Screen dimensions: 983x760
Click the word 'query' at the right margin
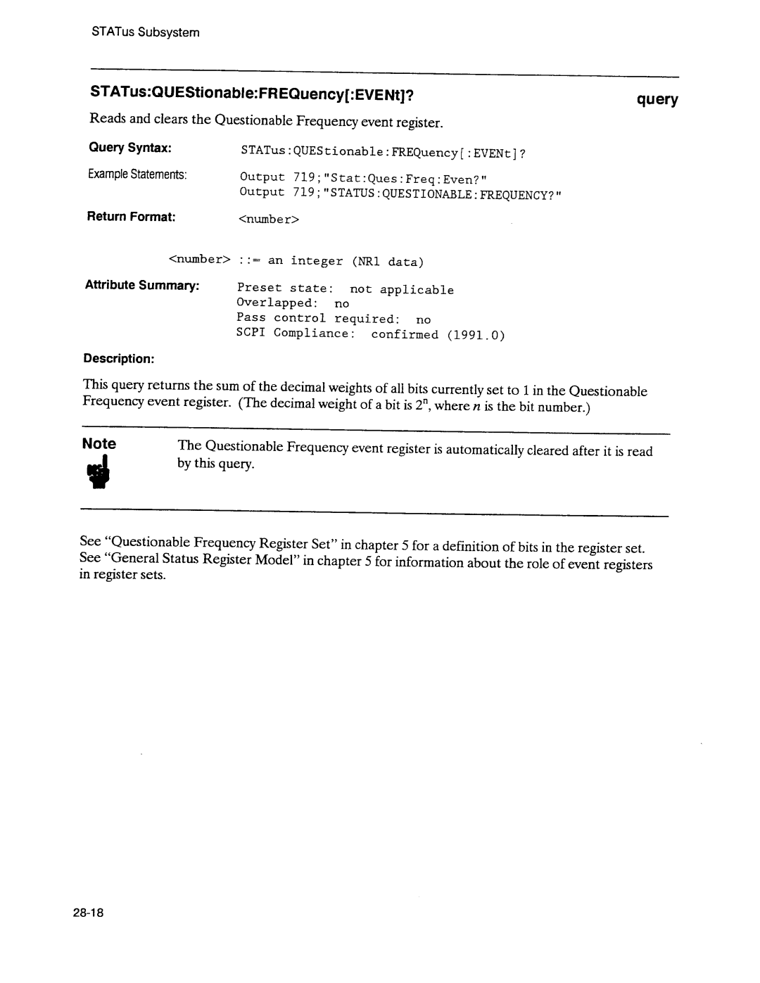pyautogui.click(x=657, y=100)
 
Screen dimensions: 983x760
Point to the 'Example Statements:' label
pyautogui.click(x=138, y=174)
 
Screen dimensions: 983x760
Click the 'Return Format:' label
pyautogui.click(x=131, y=217)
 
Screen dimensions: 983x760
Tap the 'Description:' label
pyautogui.click(x=119, y=358)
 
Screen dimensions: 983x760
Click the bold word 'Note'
pyautogui.click(x=99, y=444)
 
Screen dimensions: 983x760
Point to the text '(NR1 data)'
pyautogui.click(x=388, y=262)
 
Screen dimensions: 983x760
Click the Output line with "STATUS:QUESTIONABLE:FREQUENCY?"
pyautogui.click(x=402, y=194)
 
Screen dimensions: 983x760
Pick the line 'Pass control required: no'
pyautogui.click(x=334, y=319)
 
